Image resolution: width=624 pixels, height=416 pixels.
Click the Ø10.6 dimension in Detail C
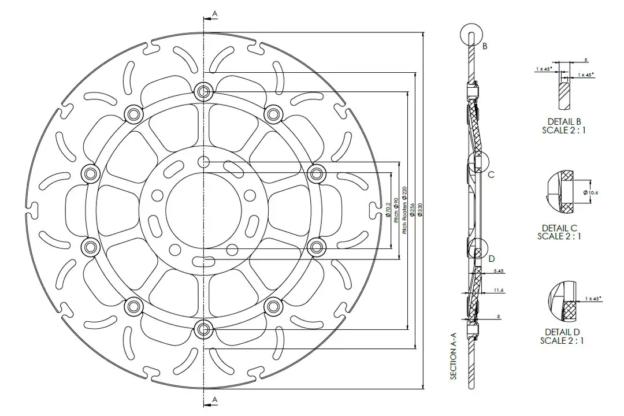pyautogui.click(x=590, y=192)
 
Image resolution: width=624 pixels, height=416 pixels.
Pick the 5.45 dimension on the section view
pyautogui.click(x=499, y=270)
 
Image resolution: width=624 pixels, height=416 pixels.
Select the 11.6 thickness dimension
pyautogui.click(x=500, y=289)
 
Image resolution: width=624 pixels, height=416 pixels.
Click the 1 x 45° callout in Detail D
pyautogui.click(x=593, y=298)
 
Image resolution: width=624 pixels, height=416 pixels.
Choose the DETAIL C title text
pyautogui.click(x=559, y=228)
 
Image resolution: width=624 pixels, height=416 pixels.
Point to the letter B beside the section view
pyautogui.click(x=485, y=46)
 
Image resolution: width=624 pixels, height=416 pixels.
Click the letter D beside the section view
pyautogui.click(x=492, y=258)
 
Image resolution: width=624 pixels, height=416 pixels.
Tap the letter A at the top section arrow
pyautogui.click(x=214, y=13)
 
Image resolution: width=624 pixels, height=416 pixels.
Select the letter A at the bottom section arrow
pyautogui.click(x=214, y=399)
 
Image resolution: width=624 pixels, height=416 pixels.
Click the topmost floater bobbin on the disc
pyautogui.click(x=202, y=91)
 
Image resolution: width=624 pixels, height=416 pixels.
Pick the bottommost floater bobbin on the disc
pyautogui.click(x=202, y=329)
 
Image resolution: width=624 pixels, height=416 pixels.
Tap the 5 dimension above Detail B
pyautogui.click(x=586, y=60)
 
